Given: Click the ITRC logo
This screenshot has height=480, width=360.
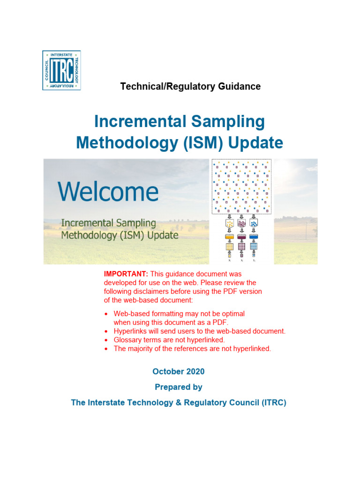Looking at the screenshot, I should coord(61,70).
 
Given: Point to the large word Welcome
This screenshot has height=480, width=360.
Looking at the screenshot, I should coord(108,192).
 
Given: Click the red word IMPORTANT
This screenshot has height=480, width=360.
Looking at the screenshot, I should coord(120,274).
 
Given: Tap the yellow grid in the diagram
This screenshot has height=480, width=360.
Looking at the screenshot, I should coord(229,247).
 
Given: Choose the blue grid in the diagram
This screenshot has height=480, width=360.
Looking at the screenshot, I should coord(254,247).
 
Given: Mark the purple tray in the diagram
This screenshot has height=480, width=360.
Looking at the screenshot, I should coord(241,236).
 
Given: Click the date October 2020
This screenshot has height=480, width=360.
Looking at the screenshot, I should coord(178,371).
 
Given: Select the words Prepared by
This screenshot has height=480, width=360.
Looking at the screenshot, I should coord(179,387).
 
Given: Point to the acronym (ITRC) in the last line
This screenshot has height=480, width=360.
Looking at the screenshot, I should coord(271,403).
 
